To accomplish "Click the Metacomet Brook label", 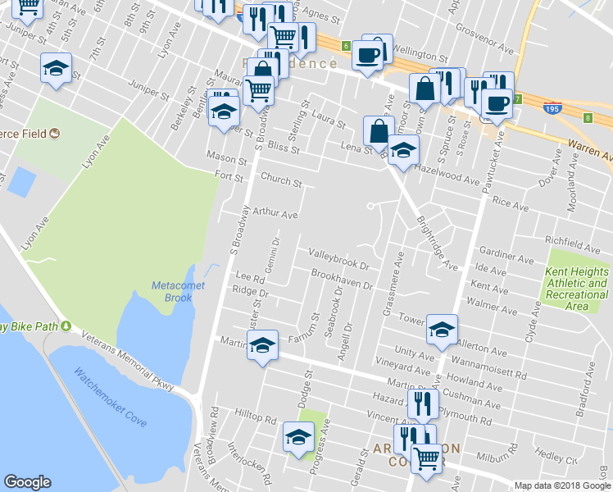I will (172, 291).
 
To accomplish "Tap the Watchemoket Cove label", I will (110, 397).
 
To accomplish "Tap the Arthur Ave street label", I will (275, 213).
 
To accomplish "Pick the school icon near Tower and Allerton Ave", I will (443, 329).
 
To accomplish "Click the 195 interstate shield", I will (552, 107).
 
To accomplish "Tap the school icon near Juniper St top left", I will (56, 68).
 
